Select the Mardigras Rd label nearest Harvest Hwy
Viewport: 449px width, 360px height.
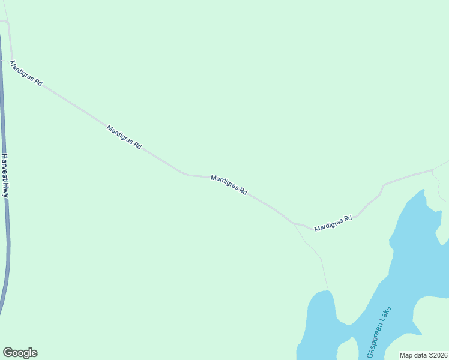(x=26, y=74)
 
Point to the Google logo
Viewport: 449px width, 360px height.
(x=20, y=353)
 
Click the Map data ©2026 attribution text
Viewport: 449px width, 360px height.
(x=423, y=355)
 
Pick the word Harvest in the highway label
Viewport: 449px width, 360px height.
(x=5, y=167)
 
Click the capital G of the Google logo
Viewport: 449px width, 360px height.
(x=7, y=353)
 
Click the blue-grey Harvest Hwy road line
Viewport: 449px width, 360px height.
(x=8, y=252)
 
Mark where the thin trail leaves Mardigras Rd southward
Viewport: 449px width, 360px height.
(x=294, y=224)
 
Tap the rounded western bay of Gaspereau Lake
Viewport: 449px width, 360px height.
(x=318, y=318)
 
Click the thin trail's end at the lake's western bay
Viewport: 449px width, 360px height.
(x=328, y=289)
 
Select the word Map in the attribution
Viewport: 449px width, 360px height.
(x=406, y=355)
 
